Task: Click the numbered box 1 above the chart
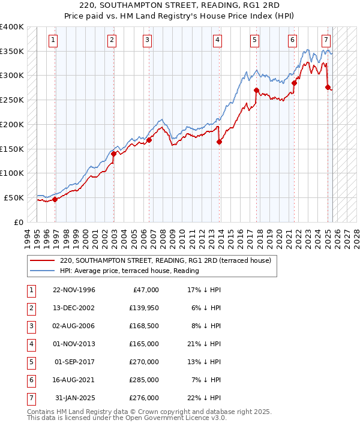point(53,40)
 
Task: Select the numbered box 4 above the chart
point(217,40)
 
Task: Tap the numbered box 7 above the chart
point(326,40)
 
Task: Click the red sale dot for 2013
point(219,142)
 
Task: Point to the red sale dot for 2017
point(256,91)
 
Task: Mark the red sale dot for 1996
point(55,199)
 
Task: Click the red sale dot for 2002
point(113,154)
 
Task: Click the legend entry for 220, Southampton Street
point(166,261)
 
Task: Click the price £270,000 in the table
point(144,361)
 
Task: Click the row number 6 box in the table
point(31,379)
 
